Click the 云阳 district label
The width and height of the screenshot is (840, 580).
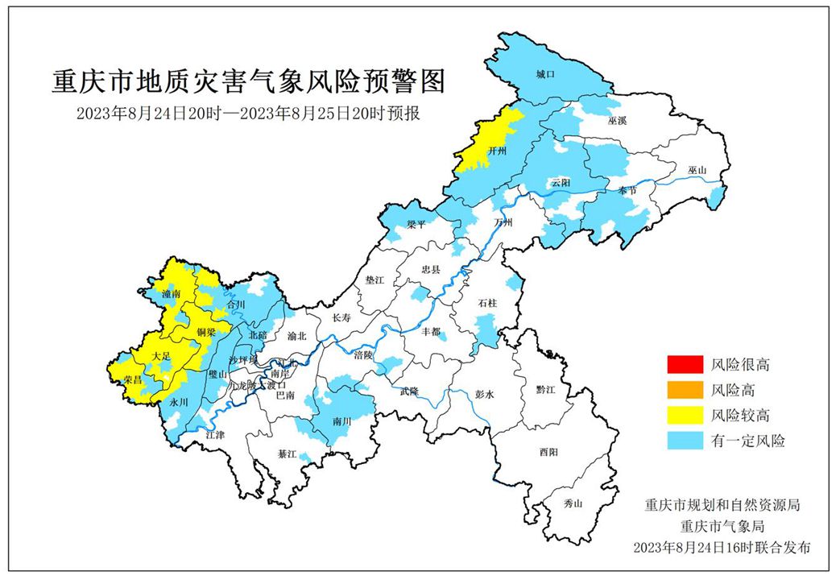point(561,183)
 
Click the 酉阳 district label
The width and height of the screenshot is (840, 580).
point(548,453)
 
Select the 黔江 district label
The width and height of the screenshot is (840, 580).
point(546,388)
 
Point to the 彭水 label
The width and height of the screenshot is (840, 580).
point(484,395)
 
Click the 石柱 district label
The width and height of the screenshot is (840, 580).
point(488,304)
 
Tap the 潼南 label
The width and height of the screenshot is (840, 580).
point(171,294)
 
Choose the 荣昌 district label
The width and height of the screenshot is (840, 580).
point(131,379)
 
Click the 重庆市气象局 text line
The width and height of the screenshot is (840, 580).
point(721,527)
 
